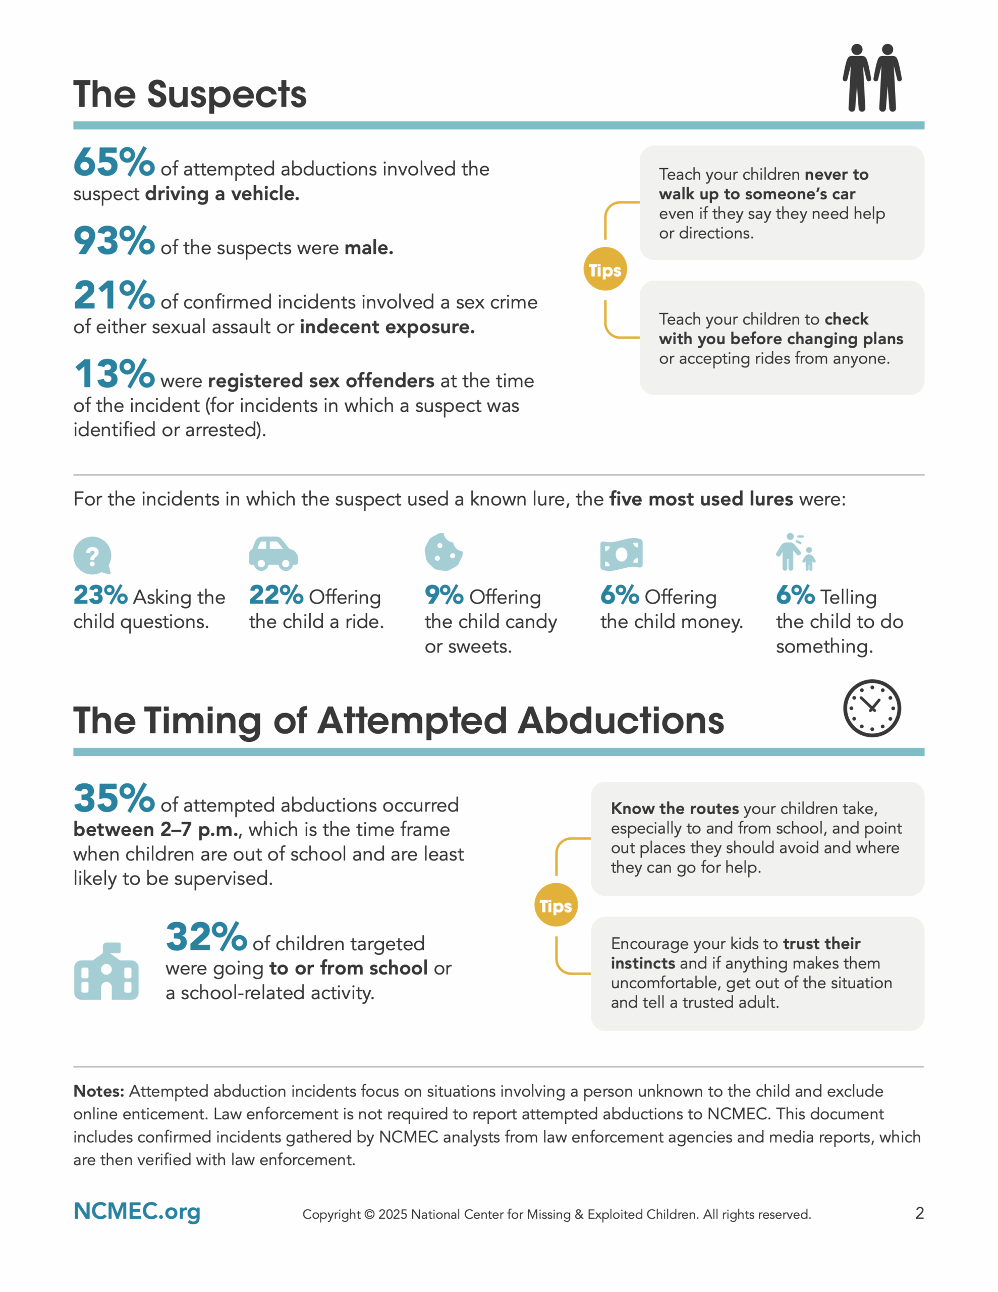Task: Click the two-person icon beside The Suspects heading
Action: coord(871,78)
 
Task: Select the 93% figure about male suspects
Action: coord(114,241)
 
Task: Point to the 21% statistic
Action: coord(114,295)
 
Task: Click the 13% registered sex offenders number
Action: coord(114,374)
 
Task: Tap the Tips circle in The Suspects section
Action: coord(604,270)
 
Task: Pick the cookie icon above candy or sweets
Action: coord(443,552)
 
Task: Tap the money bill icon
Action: coord(621,554)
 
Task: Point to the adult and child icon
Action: coord(795,552)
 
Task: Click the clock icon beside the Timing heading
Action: coord(871,708)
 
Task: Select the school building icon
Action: coord(106,972)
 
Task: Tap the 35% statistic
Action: coord(114,798)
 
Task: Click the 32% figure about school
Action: coord(206,937)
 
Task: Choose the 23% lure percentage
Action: coord(100,595)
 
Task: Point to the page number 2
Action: coord(919,1213)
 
